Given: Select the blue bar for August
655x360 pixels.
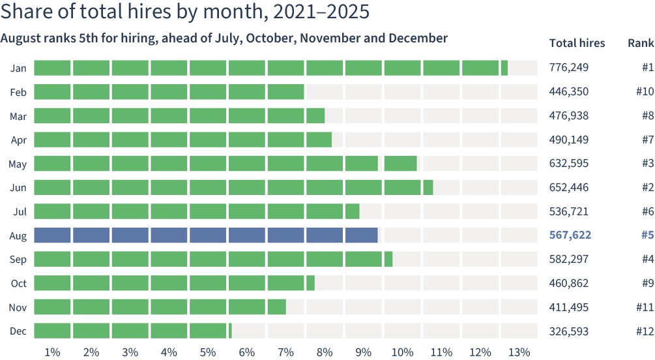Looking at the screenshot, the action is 206,235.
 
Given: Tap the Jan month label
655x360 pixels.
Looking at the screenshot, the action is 18,68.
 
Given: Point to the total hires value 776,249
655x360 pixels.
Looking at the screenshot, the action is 568,67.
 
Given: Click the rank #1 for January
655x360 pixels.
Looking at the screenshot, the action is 648,67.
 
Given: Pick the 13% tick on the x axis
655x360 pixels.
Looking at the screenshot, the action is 519,352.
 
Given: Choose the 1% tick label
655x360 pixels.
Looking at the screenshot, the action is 52,352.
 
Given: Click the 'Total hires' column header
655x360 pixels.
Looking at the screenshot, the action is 577,43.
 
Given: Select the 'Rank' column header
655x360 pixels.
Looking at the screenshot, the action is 641,43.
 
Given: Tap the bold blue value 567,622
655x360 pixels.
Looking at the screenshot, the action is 570,235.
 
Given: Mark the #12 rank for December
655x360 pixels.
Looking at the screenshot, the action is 645,331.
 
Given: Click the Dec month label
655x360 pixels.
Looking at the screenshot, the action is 18,331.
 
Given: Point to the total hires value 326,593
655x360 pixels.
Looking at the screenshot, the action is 568,331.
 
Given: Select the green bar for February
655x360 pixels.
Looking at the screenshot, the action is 169,91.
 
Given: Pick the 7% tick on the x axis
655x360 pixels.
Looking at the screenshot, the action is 285,352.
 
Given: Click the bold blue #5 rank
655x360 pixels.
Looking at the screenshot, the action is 647,235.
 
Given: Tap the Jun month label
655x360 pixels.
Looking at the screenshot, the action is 18,188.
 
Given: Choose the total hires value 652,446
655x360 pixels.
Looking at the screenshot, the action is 568,187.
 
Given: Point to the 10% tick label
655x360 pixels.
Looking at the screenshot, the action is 402,352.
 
